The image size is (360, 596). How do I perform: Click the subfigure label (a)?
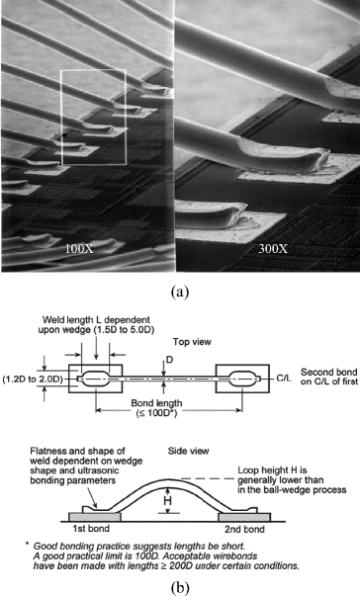click(x=179, y=292)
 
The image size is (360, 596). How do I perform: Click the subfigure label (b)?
click(x=179, y=582)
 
